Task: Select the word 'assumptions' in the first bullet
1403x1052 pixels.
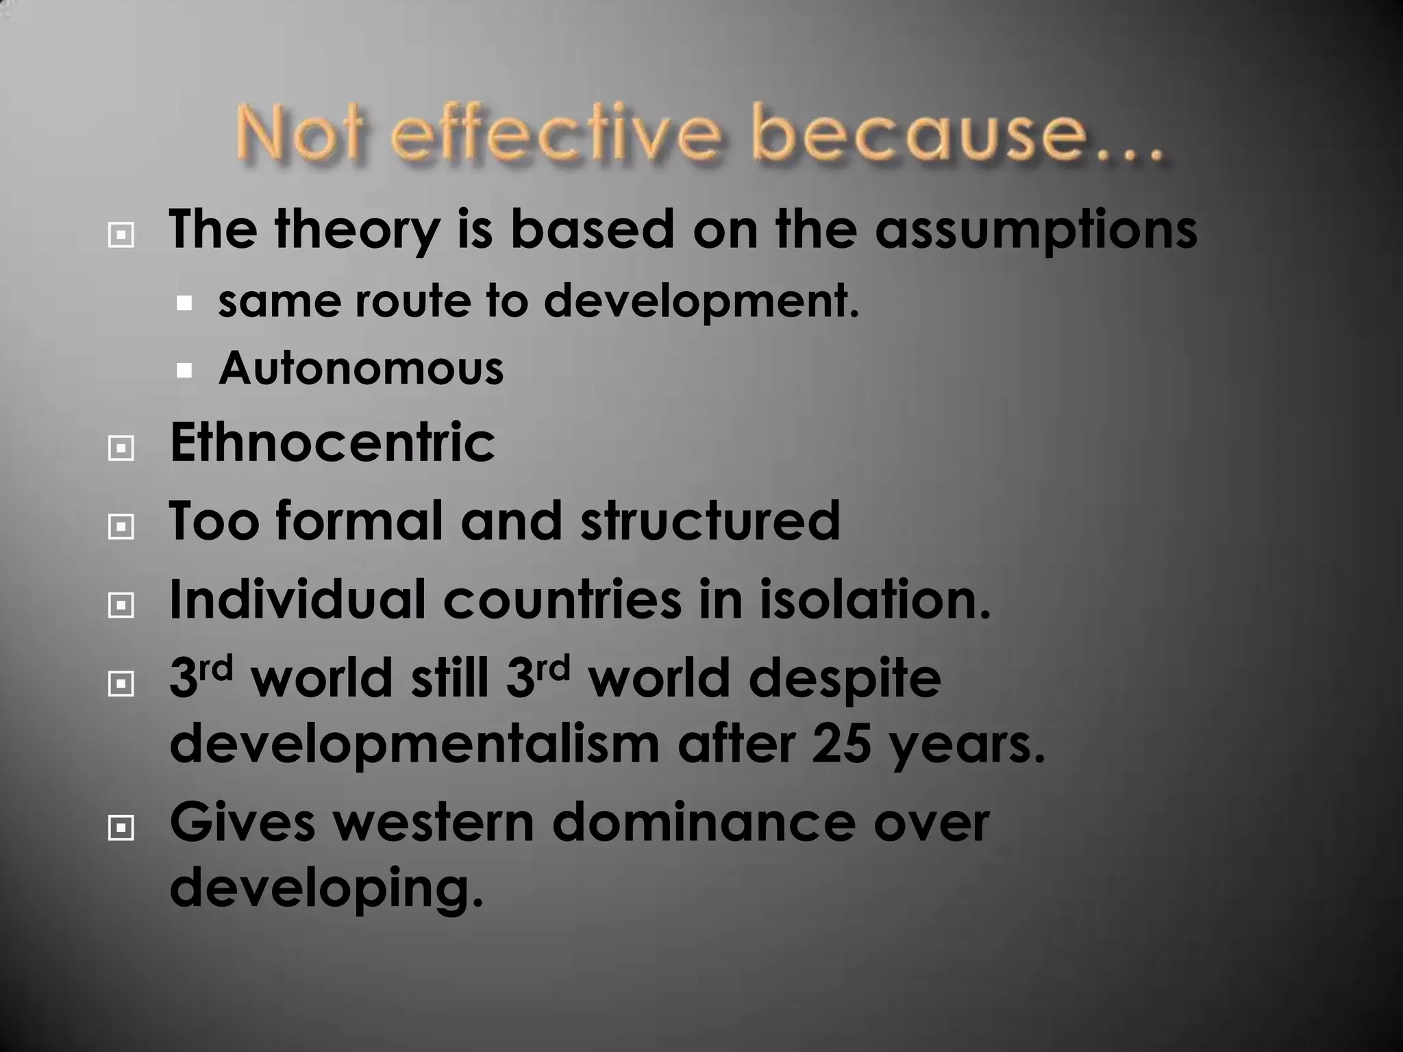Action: click(x=1036, y=231)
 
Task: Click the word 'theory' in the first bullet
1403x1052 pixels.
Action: click(x=357, y=231)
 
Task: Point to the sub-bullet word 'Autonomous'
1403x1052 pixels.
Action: click(x=361, y=369)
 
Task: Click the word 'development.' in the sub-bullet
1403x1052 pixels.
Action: click(x=701, y=302)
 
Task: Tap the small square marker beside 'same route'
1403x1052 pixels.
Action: click(x=184, y=303)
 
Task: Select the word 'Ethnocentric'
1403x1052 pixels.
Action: click(x=332, y=443)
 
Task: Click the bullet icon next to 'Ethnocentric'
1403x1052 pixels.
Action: click(x=121, y=449)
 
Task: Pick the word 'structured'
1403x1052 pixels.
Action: click(x=710, y=521)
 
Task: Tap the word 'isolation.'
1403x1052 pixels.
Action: click(x=875, y=600)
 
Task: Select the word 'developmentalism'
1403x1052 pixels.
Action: click(x=414, y=744)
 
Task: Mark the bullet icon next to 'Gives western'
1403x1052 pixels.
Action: click(x=121, y=829)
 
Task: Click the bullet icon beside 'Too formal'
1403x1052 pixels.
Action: click(x=121, y=527)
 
